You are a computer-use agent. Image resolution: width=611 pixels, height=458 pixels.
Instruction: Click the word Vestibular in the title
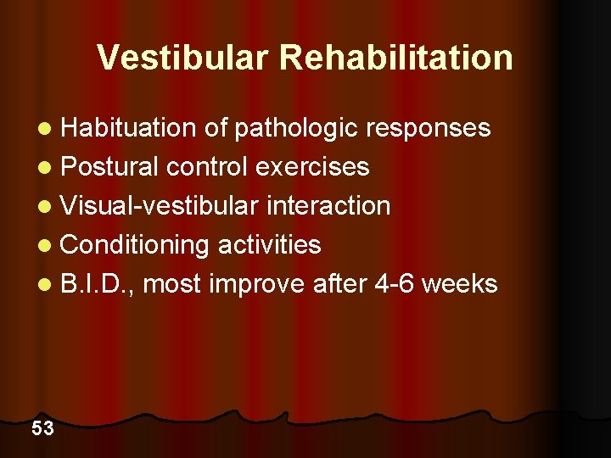(x=182, y=58)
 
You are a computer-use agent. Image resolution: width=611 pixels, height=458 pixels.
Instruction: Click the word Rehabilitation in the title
(x=396, y=58)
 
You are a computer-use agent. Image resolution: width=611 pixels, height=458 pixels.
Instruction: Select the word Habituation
(x=128, y=128)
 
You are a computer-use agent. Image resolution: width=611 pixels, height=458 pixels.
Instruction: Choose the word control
(x=207, y=167)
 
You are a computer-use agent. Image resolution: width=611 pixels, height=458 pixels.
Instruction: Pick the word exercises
(x=312, y=167)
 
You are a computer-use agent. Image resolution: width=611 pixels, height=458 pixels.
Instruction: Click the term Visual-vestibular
(x=161, y=206)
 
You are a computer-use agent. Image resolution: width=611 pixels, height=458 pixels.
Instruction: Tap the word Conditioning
(x=136, y=245)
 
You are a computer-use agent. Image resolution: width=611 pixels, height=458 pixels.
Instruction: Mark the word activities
(x=270, y=245)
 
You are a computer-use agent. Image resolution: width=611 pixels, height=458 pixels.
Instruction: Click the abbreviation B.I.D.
(x=96, y=284)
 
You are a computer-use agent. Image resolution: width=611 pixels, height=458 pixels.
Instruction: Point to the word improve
(x=256, y=284)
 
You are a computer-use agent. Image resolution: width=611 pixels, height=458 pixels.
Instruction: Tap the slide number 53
(x=42, y=428)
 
